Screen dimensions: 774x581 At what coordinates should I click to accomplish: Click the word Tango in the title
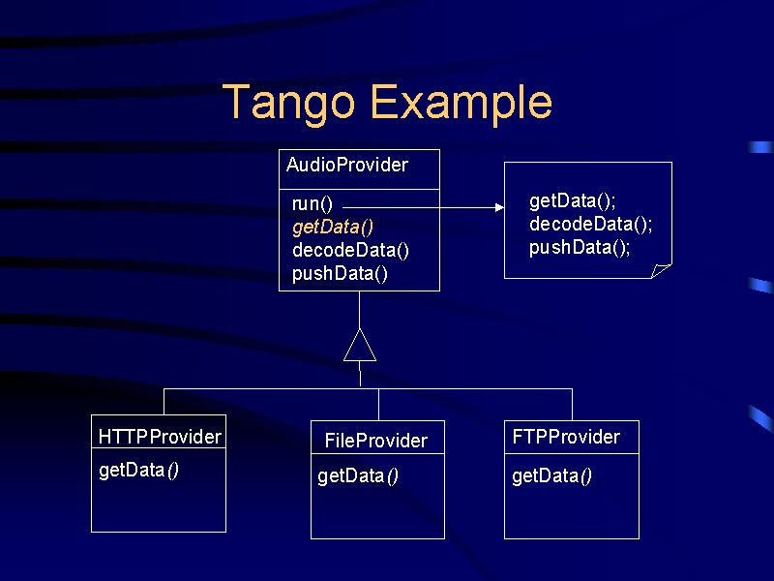[x=288, y=104]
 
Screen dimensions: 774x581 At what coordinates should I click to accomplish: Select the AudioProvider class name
[x=347, y=165]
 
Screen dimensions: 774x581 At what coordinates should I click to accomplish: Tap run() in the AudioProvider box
[x=313, y=204]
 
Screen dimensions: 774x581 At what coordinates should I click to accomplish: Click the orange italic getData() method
[x=333, y=228]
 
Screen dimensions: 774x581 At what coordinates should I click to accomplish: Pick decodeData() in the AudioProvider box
[x=350, y=250]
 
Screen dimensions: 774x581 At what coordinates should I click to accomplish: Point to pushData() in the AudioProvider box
[x=340, y=273]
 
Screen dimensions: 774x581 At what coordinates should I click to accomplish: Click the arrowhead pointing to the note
[x=499, y=207]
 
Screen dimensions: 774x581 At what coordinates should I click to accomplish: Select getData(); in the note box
[x=573, y=201]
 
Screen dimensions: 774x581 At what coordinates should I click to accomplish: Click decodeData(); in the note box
[x=591, y=225]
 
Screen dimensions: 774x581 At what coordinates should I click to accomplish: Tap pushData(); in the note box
[x=580, y=248]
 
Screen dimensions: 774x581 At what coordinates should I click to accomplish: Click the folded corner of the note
[x=662, y=271]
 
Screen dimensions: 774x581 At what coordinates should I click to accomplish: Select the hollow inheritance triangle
[x=360, y=345]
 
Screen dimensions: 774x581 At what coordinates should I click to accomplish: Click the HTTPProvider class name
[x=160, y=437]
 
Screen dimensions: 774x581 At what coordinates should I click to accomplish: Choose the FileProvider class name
[x=376, y=441]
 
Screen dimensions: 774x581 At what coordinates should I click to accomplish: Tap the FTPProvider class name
[x=566, y=437]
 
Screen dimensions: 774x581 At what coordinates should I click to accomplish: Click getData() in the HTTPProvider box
[x=138, y=471]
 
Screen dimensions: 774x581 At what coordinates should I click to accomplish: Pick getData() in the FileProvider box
[x=358, y=476]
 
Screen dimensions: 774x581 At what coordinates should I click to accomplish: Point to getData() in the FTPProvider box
[x=551, y=476]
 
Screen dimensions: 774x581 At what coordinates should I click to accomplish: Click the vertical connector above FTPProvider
[x=573, y=405]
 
